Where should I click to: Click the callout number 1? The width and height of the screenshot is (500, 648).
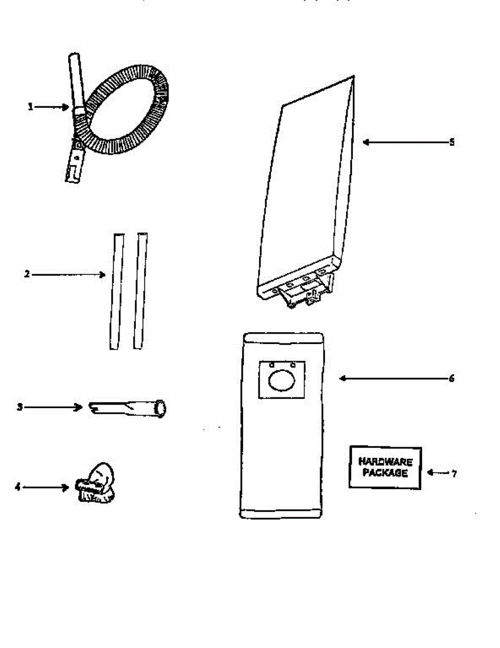31,107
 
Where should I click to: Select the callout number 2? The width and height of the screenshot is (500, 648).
26,274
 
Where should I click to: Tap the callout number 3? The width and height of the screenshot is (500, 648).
19,407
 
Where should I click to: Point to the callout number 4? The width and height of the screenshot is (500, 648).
17,487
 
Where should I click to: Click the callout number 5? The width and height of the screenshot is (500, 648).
452,142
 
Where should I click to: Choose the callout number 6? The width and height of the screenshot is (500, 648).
451,379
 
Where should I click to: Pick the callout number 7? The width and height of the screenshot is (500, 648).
454,474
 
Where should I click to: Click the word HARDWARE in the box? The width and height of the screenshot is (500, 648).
385,462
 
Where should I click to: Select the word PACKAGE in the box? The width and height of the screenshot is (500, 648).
385,474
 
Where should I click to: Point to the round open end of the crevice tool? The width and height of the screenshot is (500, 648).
160,408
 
